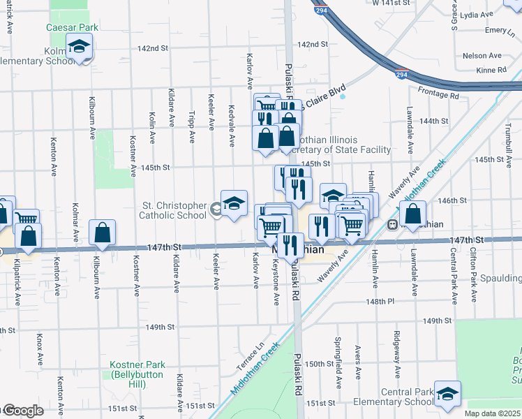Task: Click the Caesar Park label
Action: [x=72, y=27]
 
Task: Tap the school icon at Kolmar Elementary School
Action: [x=80, y=47]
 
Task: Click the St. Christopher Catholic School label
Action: [x=174, y=210]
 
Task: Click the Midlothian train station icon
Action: [x=392, y=224]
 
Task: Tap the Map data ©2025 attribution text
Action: [x=492, y=413]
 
